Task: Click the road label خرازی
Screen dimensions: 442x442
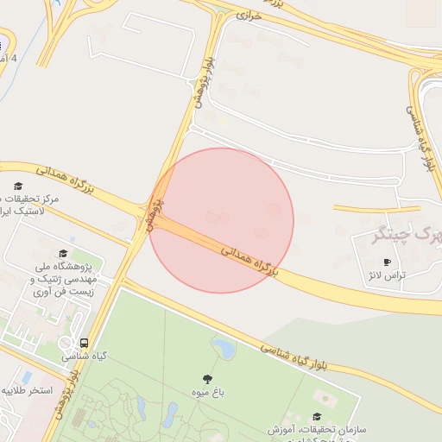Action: tap(249, 16)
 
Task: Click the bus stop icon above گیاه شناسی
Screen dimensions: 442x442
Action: tap(84, 342)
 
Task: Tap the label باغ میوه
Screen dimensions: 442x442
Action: tap(207, 393)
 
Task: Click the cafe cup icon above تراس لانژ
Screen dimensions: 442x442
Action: tap(386, 262)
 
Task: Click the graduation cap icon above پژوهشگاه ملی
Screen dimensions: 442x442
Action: tap(61, 253)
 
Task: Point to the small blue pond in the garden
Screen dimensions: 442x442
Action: tap(224, 348)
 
